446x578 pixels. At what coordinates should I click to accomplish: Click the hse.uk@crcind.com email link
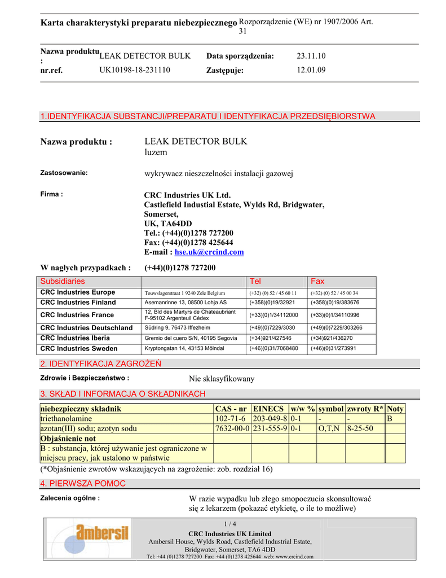click(209, 252)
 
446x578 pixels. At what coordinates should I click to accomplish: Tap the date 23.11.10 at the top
click(311, 56)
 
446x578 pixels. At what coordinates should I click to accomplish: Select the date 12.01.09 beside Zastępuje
click(311, 70)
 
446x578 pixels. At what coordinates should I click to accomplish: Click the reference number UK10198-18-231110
click(135, 70)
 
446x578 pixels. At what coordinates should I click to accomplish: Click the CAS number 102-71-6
click(231, 419)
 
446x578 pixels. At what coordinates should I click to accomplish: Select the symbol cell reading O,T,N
click(328, 429)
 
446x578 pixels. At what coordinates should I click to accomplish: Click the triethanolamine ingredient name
click(66, 419)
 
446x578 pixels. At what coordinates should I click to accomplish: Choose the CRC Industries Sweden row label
click(79, 349)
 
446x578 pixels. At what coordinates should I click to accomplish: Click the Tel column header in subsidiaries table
click(255, 281)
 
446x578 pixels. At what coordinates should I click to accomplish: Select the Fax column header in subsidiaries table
click(318, 281)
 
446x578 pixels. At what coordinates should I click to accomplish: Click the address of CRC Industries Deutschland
click(178, 328)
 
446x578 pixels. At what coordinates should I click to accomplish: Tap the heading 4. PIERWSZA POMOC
click(83, 484)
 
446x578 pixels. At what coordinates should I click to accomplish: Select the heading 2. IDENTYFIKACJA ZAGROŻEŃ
click(101, 364)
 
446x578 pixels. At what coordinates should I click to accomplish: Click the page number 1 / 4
click(230, 524)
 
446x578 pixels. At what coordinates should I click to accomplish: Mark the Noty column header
click(395, 409)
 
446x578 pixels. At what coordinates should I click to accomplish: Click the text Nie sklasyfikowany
click(222, 379)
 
